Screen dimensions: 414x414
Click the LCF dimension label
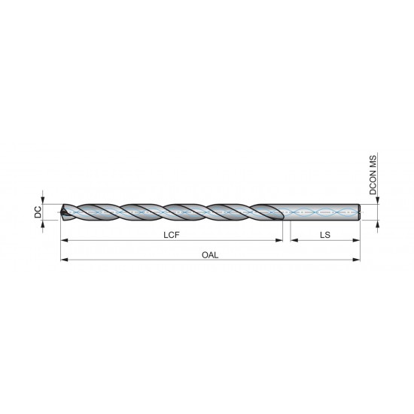[172, 235]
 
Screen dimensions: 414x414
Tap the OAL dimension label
[211, 255]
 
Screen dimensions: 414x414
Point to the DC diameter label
[38, 213]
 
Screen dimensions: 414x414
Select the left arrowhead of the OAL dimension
[63, 260]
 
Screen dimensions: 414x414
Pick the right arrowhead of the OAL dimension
[358, 260]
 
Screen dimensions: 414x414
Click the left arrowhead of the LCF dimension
[63, 240]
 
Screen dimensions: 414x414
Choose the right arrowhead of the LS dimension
[358, 240]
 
